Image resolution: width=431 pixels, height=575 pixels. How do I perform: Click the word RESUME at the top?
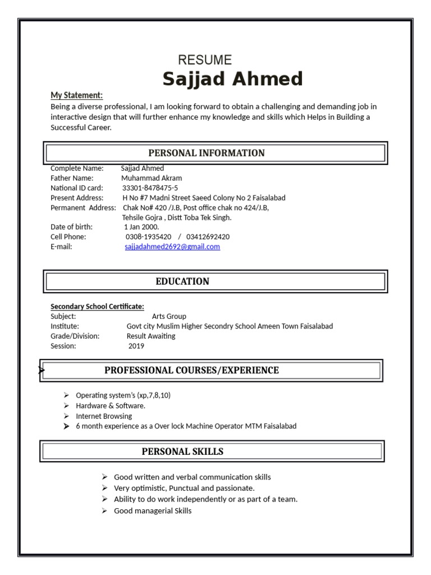pyautogui.click(x=205, y=60)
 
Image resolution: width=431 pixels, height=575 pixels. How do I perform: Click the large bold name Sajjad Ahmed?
pyautogui.click(x=233, y=79)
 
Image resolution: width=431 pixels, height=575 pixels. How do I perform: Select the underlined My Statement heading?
pyautogui.click(x=77, y=95)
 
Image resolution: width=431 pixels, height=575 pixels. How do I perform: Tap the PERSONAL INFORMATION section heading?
pyautogui.click(x=207, y=153)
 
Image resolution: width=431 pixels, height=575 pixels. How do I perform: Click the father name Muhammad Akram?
pyautogui.click(x=152, y=178)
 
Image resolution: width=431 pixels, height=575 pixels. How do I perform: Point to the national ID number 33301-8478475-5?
pyautogui.click(x=150, y=188)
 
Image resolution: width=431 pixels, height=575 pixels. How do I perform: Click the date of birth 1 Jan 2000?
pyautogui.click(x=141, y=227)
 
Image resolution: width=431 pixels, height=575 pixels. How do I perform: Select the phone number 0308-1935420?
pyautogui.click(x=148, y=237)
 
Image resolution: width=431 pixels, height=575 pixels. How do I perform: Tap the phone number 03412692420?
pyautogui.click(x=208, y=237)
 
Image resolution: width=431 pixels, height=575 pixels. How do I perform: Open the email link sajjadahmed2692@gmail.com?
pyautogui.click(x=172, y=247)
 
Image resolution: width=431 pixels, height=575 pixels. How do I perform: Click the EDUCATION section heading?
pyautogui.click(x=182, y=281)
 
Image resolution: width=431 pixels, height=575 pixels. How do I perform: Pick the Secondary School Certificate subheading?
pyautogui.click(x=97, y=306)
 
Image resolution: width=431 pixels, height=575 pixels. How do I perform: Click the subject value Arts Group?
pyautogui.click(x=169, y=316)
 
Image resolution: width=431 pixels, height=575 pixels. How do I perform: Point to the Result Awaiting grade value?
pyautogui.click(x=151, y=336)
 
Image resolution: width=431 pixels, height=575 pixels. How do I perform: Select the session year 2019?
pyautogui.click(x=136, y=346)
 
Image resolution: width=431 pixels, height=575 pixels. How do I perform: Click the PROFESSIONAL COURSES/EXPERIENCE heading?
pyautogui.click(x=191, y=370)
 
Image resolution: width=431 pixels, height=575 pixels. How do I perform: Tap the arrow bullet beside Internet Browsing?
pyautogui.click(x=66, y=416)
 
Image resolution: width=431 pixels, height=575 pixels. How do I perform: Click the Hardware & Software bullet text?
pyautogui.click(x=111, y=405)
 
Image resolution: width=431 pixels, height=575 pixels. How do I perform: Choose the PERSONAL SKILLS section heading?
pyautogui.click(x=182, y=451)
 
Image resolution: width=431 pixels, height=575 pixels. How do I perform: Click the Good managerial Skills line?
pyautogui.click(x=153, y=510)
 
